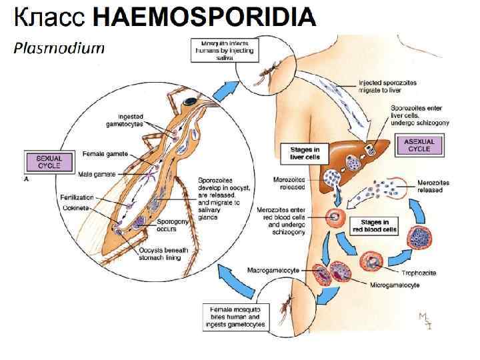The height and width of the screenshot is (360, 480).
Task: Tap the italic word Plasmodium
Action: pyautogui.click(x=60, y=48)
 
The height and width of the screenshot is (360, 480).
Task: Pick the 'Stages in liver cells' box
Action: pyautogui.click(x=304, y=154)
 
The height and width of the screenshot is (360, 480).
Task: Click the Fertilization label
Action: pyautogui.click(x=97, y=197)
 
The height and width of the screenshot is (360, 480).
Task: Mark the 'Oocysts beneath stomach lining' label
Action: pyautogui.click(x=164, y=253)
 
